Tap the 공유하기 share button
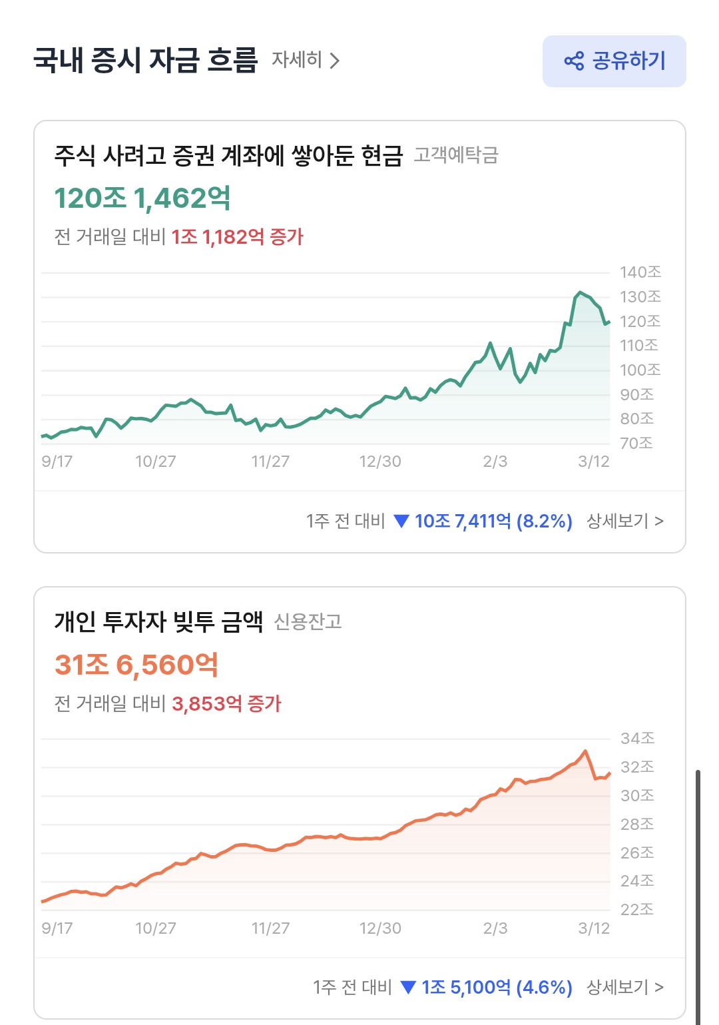[614, 61]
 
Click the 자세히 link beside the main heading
[306, 61]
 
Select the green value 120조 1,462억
[142, 198]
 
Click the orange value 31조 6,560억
[136, 665]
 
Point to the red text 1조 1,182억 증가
[237, 237]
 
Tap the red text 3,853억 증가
[226, 704]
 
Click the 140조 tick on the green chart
[640, 272]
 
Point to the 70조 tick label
[636, 444]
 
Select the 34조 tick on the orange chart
[637, 739]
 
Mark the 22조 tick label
[636, 910]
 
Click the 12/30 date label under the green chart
[380, 462]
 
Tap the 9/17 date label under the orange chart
[57, 928]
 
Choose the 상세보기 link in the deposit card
[624, 521]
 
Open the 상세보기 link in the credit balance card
[624, 987]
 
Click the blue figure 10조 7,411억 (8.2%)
[493, 521]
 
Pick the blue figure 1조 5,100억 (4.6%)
[496, 987]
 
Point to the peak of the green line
[580, 292]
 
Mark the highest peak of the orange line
[585, 751]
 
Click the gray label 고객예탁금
[456, 155]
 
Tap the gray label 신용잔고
[308, 622]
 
